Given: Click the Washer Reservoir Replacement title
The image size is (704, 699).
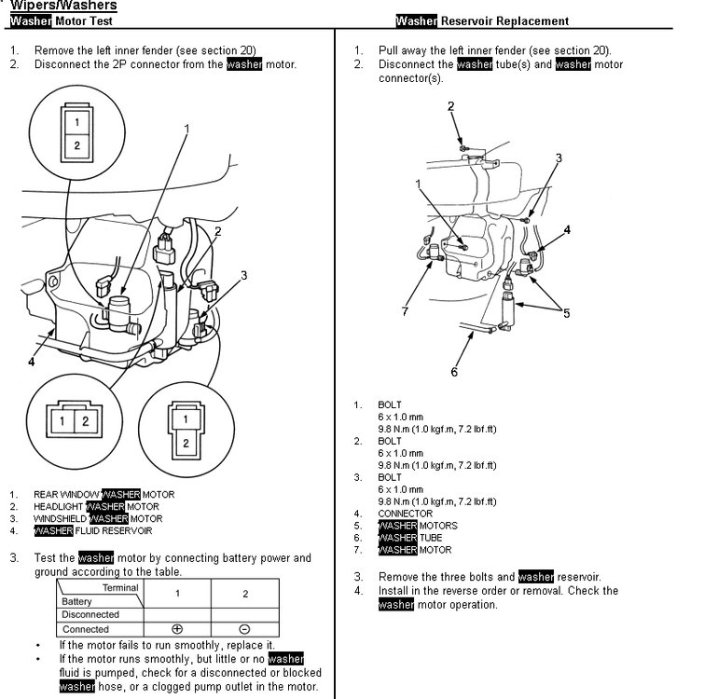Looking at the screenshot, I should tap(481, 21).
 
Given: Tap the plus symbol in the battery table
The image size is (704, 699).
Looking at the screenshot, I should tap(176, 629).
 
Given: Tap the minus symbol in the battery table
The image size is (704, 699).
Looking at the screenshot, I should tap(245, 629).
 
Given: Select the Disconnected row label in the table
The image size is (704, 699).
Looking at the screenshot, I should tap(90, 615).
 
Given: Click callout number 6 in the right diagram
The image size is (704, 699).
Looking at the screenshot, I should tap(454, 373).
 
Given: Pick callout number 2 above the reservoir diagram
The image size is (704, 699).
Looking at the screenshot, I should tap(450, 106).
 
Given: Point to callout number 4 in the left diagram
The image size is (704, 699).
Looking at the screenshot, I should tap(32, 362).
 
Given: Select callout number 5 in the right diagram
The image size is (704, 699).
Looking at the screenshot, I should tap(565, 313).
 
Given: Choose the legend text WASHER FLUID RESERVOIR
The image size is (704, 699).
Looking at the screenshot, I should tap(92, 530).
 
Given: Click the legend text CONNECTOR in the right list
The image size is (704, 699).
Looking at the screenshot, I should tap(405, 514).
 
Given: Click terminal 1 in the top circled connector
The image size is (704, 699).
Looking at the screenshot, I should tap(77, 120).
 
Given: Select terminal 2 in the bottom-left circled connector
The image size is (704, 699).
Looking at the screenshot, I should tap(85, 421).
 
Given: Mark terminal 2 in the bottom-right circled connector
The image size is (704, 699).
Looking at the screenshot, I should tap(186, 443).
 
